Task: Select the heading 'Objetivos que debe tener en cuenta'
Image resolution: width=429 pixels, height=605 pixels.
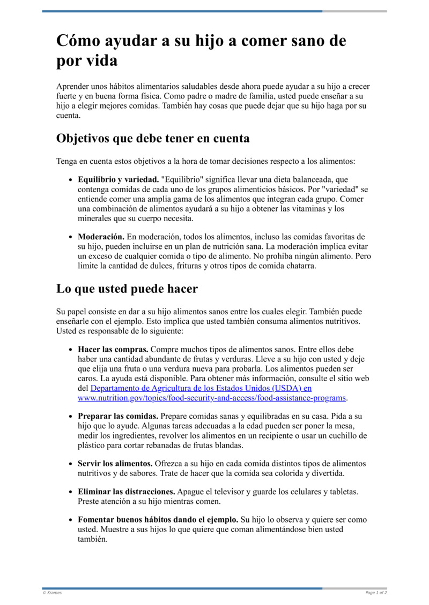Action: pyautogui.click(x=153, y=138)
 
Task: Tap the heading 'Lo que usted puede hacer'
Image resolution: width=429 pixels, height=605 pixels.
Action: pyautogui.click(x=127, y=289)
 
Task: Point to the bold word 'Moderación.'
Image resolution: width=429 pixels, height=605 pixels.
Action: pyautogui.click(x=101, y=236)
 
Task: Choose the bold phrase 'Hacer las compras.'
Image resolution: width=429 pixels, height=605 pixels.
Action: pyautogui.click(x=113, y=349)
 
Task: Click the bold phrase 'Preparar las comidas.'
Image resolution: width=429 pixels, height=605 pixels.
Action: pyautogui.click(x=118, y=416)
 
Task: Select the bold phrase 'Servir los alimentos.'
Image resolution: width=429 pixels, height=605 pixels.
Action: pyautogui.click(x=115, y=463)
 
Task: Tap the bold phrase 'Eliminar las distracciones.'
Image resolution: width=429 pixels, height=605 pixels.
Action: pyautogui.click(x=127, y=491)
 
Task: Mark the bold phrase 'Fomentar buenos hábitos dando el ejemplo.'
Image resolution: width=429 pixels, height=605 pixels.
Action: pyautogui.click(x=158, y=519)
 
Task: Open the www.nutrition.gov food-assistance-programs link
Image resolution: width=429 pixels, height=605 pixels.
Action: pyautogui.click(x=212, y=398)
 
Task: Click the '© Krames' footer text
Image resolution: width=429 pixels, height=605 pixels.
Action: pyautogui.click(x=52, y=593)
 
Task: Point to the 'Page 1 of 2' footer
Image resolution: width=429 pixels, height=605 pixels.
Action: pyautogui.click(x=376, y=593)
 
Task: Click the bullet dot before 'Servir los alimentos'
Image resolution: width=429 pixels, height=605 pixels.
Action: pyautogui.click(x=71, y=464)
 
